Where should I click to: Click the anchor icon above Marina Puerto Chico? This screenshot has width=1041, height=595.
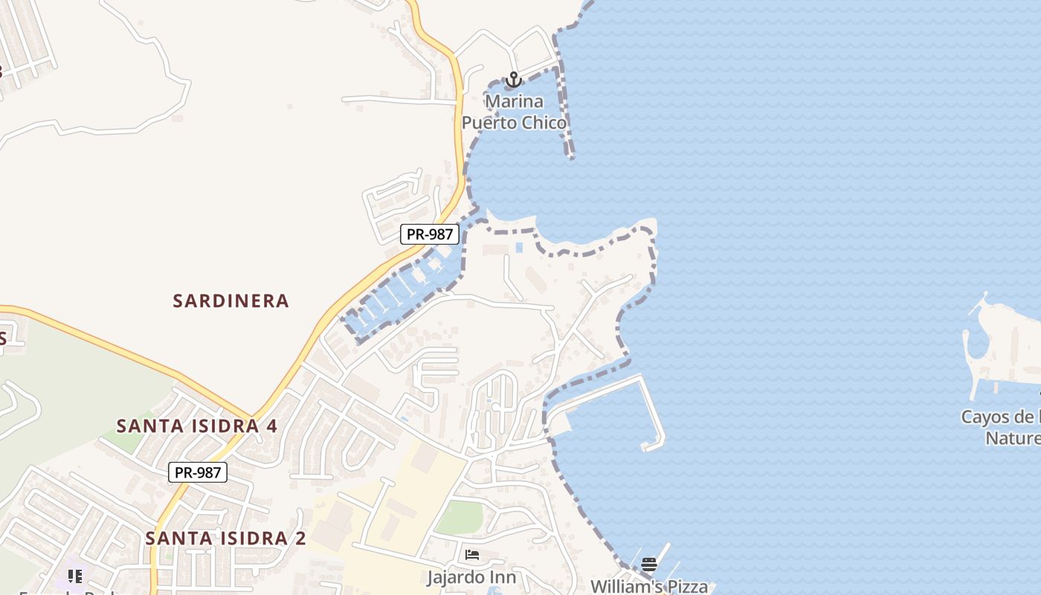coord(513,80)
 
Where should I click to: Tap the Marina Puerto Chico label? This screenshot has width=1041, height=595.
coord(514,112)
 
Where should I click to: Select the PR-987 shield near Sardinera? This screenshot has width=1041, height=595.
coord(430,234)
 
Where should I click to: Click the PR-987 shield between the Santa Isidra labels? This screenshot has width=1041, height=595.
coord(197,472)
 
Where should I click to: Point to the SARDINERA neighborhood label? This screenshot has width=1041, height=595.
coord(231,300)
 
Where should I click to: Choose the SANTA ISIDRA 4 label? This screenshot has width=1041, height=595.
coord(197,426)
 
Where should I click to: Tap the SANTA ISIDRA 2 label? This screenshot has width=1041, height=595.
coord(225,538)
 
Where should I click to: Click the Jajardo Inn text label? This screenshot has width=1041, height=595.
coord(471,577)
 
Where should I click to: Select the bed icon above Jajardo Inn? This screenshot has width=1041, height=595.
coord(472,555)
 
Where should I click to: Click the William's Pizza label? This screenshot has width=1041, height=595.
coord(648,586)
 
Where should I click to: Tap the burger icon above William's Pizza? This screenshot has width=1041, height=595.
coord(649,565)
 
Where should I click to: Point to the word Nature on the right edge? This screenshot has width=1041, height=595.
coord(1013,438)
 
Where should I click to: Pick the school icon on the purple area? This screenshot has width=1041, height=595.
coord(75,576)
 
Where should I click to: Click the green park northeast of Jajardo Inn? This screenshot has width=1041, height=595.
coord(459,517)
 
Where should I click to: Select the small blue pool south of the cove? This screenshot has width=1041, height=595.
coord(519,247)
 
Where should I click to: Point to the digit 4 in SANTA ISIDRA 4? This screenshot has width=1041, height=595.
coord(271,426)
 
